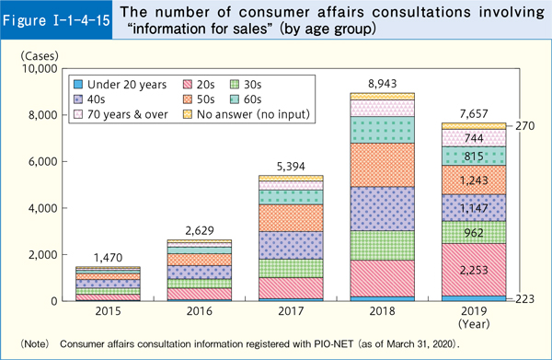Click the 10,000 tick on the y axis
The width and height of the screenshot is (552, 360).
37,69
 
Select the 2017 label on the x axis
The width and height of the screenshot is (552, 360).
292,313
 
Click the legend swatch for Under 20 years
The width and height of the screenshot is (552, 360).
79,84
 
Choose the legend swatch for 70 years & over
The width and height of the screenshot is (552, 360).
79,115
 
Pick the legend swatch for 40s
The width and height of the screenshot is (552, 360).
79,99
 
